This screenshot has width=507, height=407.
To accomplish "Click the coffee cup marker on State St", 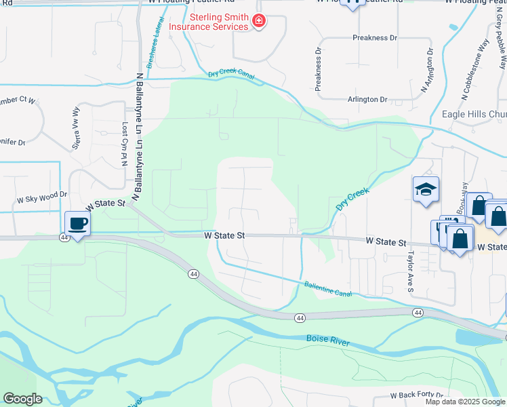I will [x=78, y=224].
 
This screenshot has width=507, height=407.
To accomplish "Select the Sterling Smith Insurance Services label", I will [x=209, y=22].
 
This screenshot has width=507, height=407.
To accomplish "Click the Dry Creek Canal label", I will [x=231, y=75].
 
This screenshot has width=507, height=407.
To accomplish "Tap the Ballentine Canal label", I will [x=328, y=289].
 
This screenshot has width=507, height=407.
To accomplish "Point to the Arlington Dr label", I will [x=367, y=100].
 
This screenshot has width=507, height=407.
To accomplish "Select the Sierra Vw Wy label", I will [x=77, y=128].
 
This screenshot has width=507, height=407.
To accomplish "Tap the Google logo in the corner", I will [x=22, y=399].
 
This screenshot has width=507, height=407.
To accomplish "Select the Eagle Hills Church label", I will [x=474, y=114].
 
